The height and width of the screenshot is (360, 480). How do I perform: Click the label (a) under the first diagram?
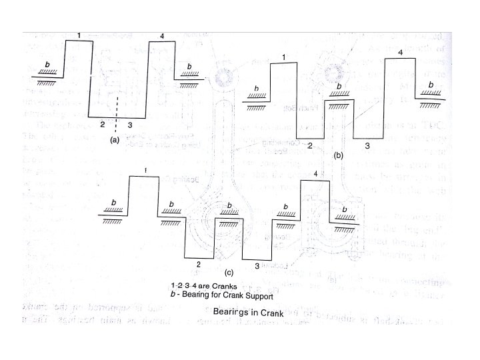coord(114,140)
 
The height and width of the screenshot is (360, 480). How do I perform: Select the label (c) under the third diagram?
coord(229,272)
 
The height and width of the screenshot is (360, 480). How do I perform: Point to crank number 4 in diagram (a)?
coord(162,35)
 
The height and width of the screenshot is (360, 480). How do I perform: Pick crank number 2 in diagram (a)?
coord(101,125)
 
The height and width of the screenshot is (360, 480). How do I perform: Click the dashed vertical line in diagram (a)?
coord(116,114)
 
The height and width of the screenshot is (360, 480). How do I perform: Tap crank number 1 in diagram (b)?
coord(285,58)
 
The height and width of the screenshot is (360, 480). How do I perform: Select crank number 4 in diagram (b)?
coord(399,52)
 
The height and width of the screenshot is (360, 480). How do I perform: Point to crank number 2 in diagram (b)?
coord(310,145)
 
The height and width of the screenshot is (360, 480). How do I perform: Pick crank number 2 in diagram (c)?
coord(197,265)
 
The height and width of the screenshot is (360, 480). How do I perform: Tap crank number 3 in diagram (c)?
coord(257,266)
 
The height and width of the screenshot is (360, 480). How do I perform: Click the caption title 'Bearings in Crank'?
coord(249,311)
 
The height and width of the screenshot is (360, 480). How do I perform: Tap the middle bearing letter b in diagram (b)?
coord(339,87)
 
